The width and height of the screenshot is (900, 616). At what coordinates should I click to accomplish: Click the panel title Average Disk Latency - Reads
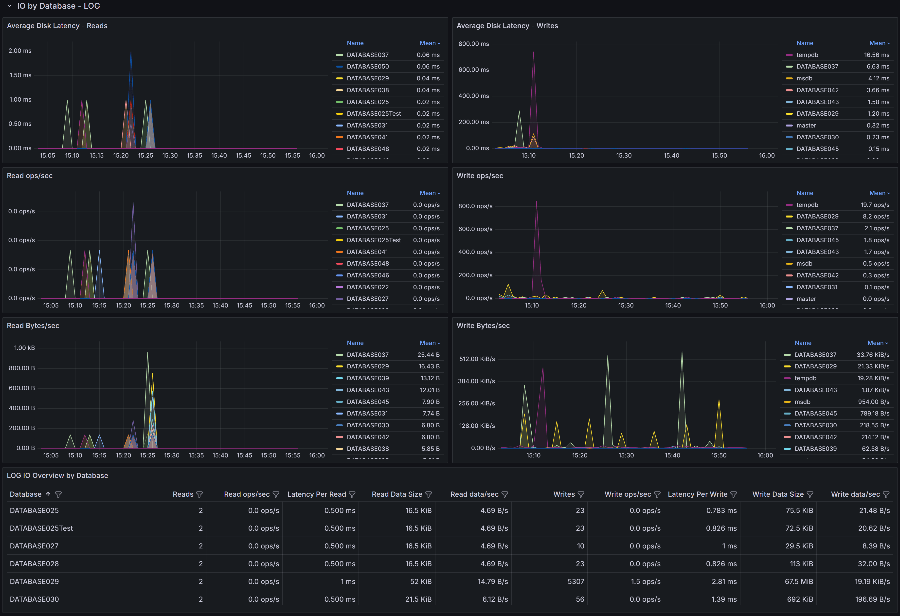click(57, 26)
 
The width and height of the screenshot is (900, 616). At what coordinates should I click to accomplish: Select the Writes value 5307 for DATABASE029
click(576, 581)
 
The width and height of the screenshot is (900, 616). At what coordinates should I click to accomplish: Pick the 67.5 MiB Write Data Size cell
click(799, 581)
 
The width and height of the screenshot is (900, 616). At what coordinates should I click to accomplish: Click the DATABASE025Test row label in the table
click(41, 528)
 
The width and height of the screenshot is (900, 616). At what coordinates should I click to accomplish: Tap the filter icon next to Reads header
click(200, 494)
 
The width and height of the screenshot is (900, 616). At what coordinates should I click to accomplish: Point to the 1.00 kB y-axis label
click(24, 348)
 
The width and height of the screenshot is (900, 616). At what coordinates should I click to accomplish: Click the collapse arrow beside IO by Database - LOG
click(9, 6)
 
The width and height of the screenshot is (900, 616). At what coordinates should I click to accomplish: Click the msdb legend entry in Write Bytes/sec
click(802, 402)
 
